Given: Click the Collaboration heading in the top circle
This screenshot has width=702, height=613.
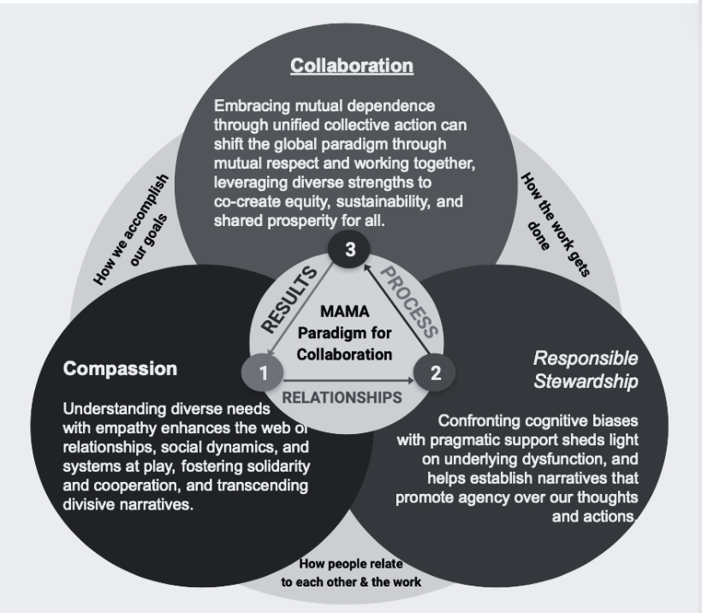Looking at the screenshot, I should (352, 65).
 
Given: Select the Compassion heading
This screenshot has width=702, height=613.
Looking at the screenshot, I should (120, 370).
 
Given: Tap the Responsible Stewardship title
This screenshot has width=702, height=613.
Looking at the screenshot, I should (586, 370).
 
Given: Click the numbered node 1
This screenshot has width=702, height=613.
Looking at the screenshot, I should (265, 372).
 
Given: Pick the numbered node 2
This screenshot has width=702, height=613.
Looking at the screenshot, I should (435, 372).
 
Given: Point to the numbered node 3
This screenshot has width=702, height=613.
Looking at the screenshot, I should (350, 249).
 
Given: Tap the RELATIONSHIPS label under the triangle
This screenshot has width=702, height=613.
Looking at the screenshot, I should (342, 397).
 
